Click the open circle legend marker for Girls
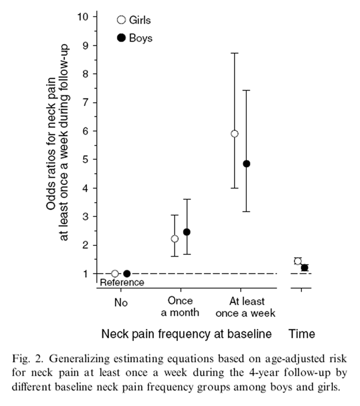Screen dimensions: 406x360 tap(121, 20)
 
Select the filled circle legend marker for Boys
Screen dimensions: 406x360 tap(121, 38)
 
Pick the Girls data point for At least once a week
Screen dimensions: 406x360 tap(235, 134)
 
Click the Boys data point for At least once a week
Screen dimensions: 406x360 tap(246, 164)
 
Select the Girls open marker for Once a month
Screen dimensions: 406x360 tap(174, 239)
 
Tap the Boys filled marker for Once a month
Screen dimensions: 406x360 tap(187, 232)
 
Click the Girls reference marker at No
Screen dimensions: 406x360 tap(115, 274)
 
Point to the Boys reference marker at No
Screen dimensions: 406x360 tap(127, 274)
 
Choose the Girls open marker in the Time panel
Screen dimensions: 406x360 tap(298, 261)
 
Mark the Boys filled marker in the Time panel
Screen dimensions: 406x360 tap(304, 268)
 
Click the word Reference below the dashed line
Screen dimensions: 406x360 tap(121, 282)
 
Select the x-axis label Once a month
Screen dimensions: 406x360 tap(181, 306)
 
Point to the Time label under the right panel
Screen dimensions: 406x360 tap(301, 334)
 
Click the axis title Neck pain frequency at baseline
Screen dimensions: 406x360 tap(186, 334)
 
